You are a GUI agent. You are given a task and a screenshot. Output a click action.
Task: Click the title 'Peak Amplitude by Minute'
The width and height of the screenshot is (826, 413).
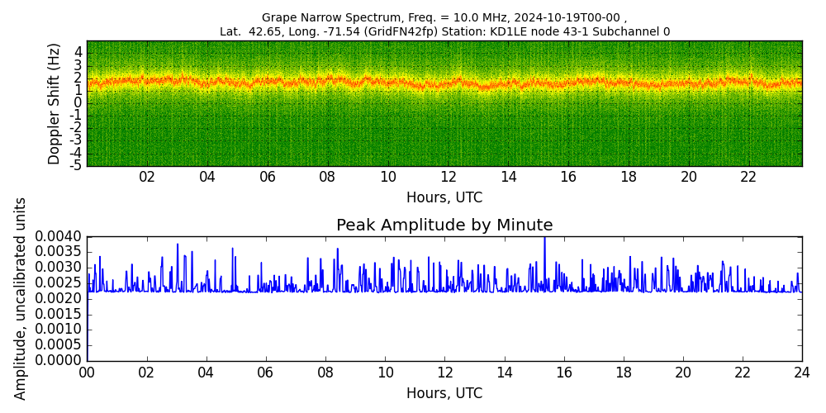pos(444,225)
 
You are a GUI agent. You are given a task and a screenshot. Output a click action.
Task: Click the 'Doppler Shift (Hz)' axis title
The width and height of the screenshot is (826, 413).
pos(55,104)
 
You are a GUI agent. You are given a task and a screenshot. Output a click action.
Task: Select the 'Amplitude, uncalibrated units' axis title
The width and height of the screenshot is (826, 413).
pos(20,299)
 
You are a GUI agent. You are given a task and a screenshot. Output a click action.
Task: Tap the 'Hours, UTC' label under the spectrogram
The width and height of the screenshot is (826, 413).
pos(444,197)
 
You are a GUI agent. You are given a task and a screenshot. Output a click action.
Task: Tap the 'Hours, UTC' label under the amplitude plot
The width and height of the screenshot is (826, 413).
pos(444,393)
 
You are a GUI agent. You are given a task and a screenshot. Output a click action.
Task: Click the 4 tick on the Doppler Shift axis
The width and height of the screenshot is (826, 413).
pos(78,53)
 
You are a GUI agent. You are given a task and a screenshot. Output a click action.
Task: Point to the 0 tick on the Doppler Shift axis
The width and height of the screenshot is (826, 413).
pos(78,103)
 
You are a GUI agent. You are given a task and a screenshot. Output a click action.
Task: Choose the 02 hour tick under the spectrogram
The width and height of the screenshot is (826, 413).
pos(147,178)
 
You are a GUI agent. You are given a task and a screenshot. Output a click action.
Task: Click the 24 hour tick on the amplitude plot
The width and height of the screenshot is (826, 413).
pos(802,373)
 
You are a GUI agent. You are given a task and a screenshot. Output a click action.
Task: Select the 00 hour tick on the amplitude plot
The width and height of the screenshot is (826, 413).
pos(87,373)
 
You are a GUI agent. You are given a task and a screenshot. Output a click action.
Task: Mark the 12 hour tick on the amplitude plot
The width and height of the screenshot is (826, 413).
pos(445,373)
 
